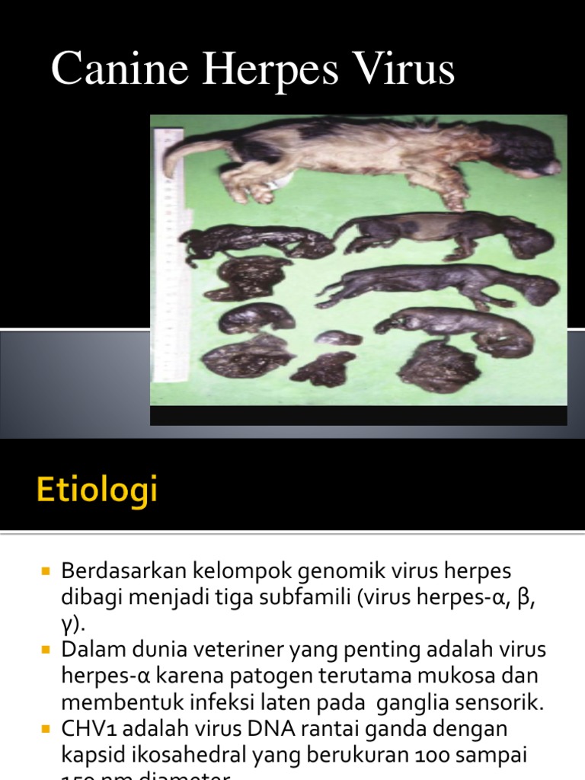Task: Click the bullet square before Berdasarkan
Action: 45,571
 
